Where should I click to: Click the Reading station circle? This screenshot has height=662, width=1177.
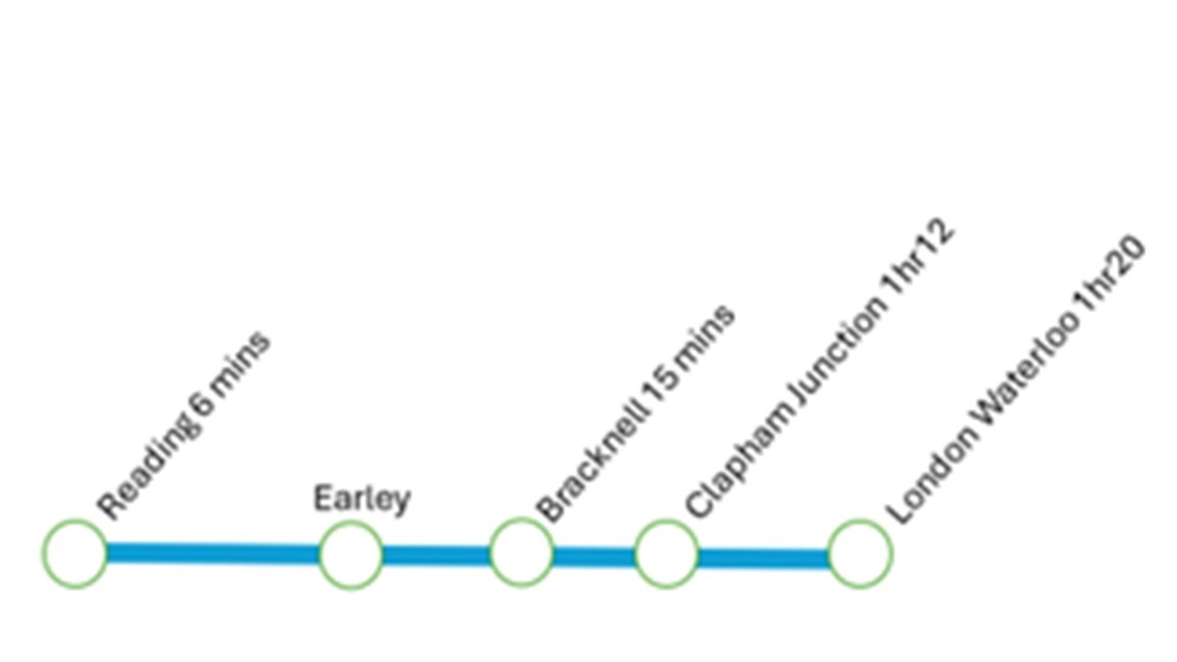75,554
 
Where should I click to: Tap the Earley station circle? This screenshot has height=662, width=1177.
350,554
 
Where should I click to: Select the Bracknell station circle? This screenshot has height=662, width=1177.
521,552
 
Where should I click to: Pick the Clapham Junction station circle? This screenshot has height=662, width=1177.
667,554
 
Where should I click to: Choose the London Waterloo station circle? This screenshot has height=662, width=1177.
860,554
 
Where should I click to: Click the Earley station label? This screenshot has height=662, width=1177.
361,498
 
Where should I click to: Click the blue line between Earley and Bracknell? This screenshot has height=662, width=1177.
435,555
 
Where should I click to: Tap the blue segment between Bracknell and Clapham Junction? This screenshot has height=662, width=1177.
593,556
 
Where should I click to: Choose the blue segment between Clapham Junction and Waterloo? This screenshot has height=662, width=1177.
763,558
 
